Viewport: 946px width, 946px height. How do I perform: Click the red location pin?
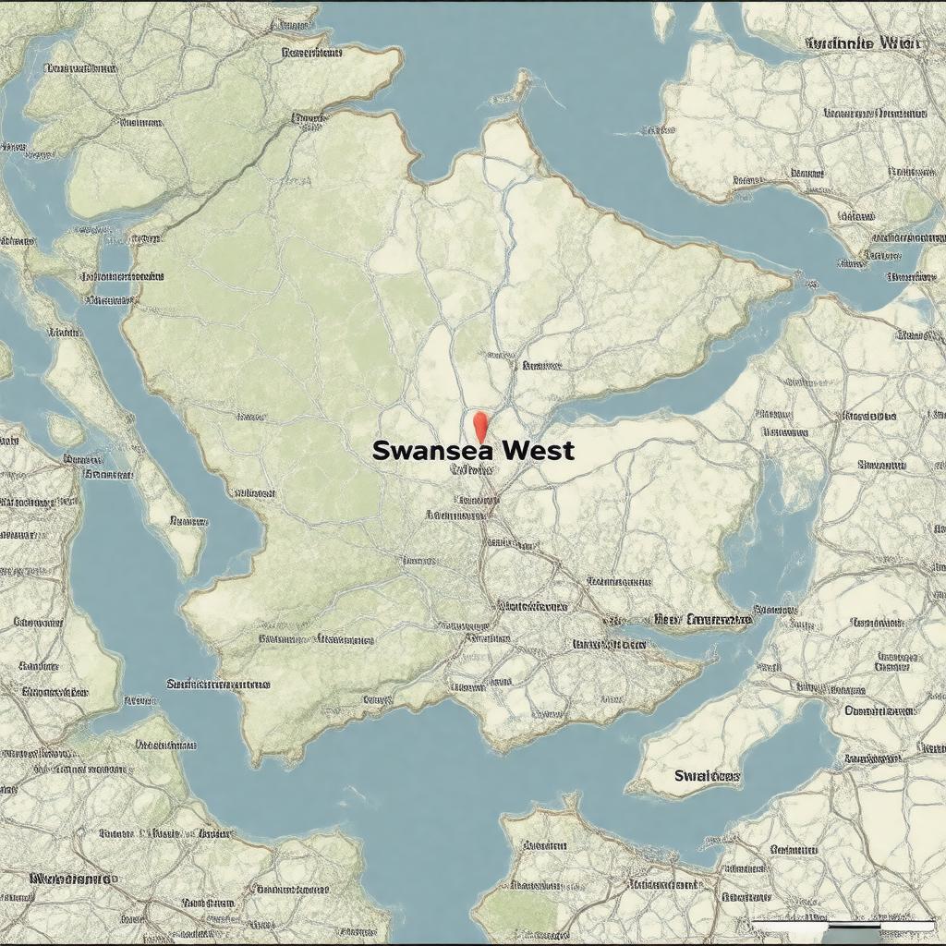coord(479,426)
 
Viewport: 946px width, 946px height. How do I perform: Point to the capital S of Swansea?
coord(380,451)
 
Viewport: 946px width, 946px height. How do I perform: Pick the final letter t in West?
coord(568,451)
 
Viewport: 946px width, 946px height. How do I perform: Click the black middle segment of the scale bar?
coord(855,923)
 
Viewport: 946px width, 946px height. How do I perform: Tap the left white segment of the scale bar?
coord(790,923)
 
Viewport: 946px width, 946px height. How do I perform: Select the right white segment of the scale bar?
coord(907,923)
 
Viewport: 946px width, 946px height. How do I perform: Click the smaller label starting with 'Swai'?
coord(707,776)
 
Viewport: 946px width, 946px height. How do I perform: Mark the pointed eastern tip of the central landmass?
coord(791,274)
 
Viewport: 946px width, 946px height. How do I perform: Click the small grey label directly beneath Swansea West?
coord(471,469)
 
